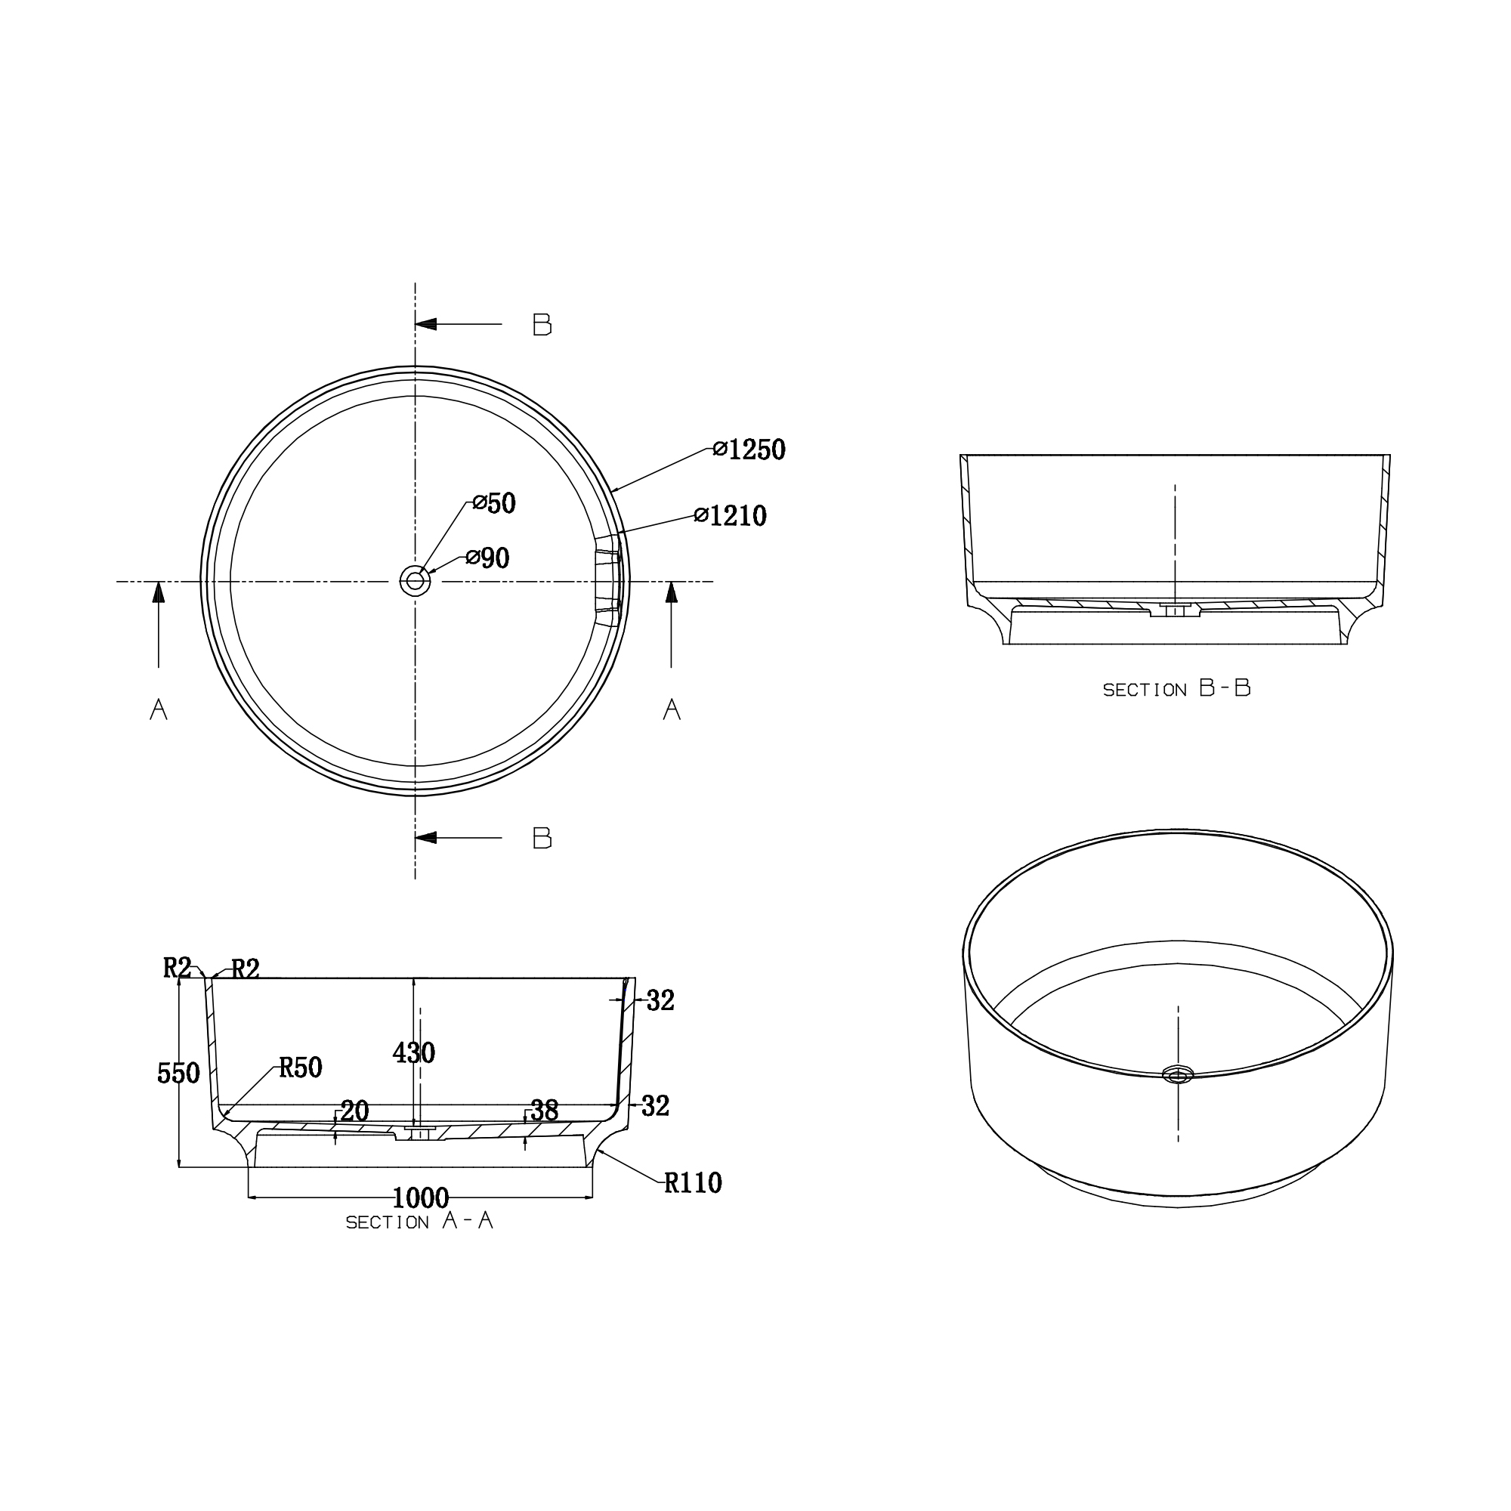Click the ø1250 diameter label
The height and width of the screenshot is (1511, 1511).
(749, 450)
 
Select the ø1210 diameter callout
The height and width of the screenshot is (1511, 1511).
(731, 516)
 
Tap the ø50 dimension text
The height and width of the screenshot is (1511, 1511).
(494, 504)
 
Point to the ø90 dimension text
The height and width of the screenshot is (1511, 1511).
(487, 558)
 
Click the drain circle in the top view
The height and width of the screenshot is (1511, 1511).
(415, 581)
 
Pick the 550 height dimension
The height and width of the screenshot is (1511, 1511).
(178, 1074)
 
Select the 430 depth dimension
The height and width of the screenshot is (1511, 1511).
(414, 1052)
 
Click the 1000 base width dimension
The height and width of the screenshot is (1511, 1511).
(420, 1197)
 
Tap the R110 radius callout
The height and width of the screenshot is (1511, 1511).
(692, 1183)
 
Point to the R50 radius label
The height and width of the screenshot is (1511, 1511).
(301, 1068)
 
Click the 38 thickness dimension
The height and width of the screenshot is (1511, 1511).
(544, 1111)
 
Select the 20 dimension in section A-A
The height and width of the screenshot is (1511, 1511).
(354, 1111)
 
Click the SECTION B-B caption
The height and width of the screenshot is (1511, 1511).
(1176, 689)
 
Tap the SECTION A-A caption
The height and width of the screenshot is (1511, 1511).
(419, 1222)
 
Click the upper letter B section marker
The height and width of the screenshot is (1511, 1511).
(542, 325)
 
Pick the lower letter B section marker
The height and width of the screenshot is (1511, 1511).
(542, 839)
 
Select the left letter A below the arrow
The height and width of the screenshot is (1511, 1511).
(159, 709)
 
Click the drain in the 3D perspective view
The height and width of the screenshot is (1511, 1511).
(1177, 1075)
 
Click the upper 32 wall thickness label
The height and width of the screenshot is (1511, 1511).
(660, 1000)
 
